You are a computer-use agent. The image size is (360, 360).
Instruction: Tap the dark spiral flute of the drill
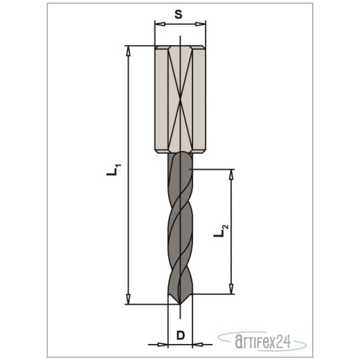point(180,228)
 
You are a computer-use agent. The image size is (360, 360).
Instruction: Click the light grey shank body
point(166,104)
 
